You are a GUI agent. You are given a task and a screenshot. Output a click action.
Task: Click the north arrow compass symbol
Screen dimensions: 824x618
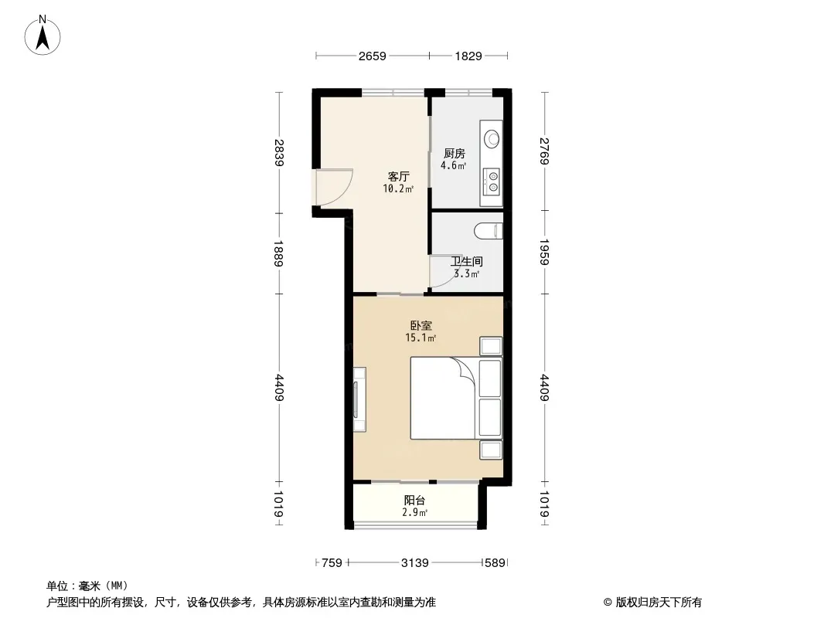(43, 36)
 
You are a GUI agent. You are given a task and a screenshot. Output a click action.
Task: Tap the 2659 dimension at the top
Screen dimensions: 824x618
(372, 56)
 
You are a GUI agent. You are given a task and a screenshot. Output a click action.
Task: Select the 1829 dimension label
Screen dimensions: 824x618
(468, 56)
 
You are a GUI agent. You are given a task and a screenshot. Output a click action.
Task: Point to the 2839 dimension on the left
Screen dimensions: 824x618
(279, 152)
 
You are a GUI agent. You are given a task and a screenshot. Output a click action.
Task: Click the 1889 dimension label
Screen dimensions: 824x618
(279, 253)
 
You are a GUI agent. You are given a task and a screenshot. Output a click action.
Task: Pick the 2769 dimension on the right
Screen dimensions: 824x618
(544, 151)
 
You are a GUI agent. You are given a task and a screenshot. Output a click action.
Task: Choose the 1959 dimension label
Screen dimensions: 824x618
(544, 252)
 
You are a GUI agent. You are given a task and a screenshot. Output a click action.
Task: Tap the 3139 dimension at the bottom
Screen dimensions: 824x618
(414, 563)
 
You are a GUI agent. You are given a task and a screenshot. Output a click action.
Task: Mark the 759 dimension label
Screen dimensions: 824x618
(332, 563)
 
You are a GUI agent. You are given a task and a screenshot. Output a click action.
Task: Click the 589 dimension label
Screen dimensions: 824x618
(495, 563)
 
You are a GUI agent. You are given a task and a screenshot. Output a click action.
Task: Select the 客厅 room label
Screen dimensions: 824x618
(398, 176)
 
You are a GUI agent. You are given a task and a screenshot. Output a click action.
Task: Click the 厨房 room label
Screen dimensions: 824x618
(454, 153)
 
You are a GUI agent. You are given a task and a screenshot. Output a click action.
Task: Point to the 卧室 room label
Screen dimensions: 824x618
(421, 325)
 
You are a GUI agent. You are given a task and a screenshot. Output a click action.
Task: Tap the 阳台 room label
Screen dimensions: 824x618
(414, 501)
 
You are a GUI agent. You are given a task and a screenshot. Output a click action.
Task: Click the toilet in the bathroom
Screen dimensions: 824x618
(489, 231)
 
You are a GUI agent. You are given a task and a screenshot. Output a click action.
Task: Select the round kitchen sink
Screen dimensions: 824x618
(492, 138)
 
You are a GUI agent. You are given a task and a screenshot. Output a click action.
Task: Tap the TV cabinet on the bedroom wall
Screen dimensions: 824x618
(359, 399)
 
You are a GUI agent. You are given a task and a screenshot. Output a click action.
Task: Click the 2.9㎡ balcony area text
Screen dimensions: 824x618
(414, 512)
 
